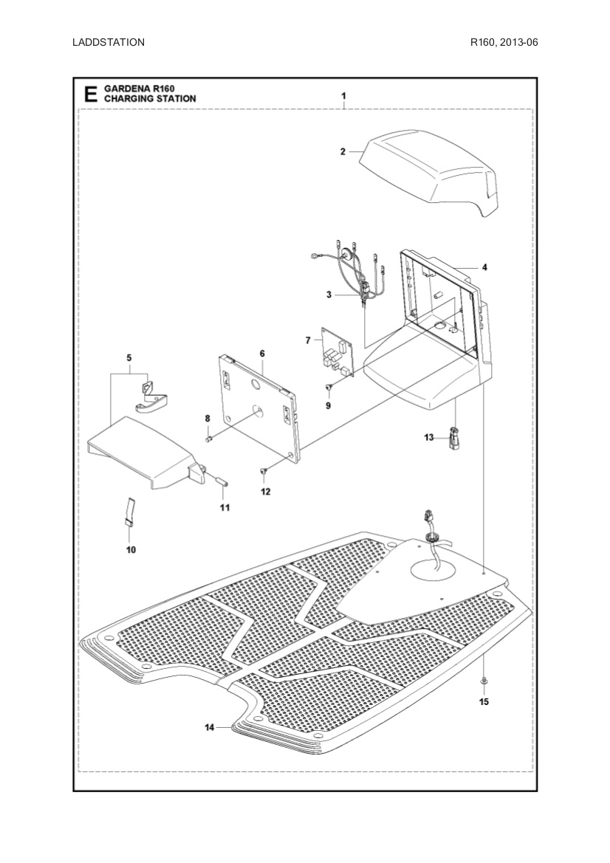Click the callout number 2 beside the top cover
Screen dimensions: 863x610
point(343,151)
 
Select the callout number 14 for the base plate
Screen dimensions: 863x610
point(210,727)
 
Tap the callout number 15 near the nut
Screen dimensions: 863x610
point(484,701)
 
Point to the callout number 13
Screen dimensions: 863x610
point(429,438)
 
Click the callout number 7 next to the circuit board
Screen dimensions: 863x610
point(308,340)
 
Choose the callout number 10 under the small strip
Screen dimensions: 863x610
point(131,549)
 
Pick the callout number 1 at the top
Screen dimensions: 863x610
point(343,96)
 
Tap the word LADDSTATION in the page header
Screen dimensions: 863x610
point(109,42)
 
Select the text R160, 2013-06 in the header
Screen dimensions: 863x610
point(504,42)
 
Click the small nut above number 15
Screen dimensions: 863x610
point(483,679)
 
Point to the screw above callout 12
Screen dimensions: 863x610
point(264,470)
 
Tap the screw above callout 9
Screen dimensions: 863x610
point(329,387)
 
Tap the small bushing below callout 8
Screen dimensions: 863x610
point(208,439)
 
